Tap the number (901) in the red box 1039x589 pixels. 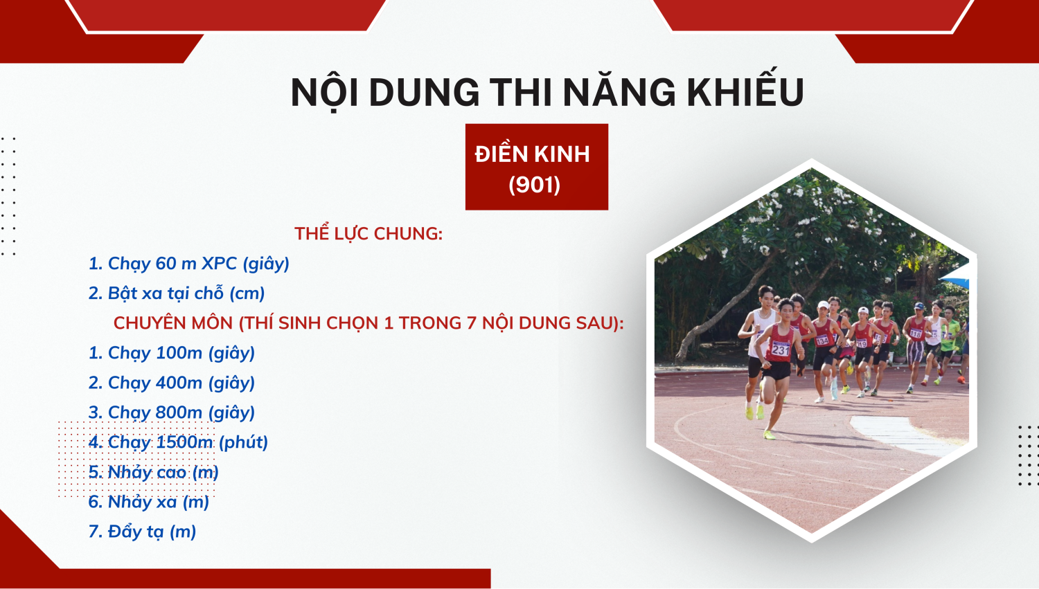pos(534,184)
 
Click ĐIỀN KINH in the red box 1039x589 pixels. pos(533,154)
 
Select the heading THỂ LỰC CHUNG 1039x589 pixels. pos(368,233)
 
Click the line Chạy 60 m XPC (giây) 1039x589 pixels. pos(189,264)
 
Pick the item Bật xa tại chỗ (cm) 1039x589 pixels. pos(176,293)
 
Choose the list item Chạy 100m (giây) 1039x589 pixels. pos(172,353)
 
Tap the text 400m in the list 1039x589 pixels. pos(179,383)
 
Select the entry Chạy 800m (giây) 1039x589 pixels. pos(172,413)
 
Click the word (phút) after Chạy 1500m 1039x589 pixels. pos(244,442)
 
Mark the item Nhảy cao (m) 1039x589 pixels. pos(154,472)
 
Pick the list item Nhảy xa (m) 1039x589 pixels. pos(148,502)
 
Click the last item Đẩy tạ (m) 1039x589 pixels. pos(142,532)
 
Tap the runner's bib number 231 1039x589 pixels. pos(780,349)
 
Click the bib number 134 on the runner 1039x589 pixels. pos(822,341)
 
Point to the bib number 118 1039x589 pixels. pos(915,333)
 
